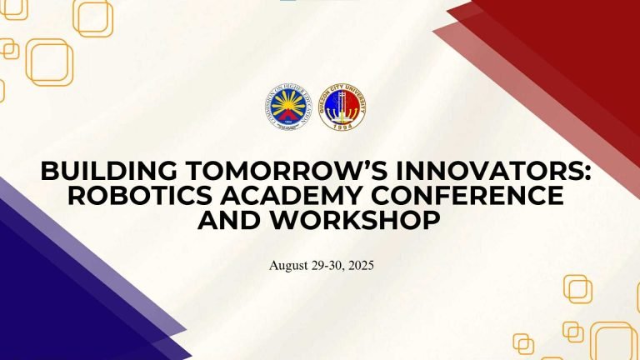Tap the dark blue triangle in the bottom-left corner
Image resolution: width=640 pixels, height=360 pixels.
[x=50, y=300]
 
